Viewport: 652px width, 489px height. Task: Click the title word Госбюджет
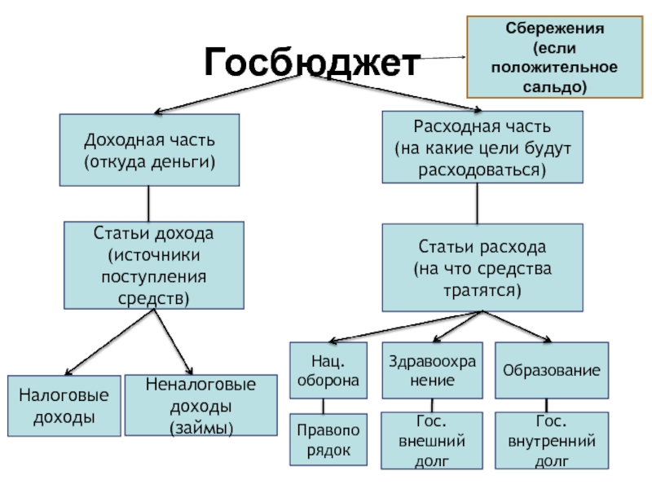click(312, 62)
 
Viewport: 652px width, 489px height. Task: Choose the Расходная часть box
click(482, 148)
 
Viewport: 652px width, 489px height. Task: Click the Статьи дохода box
click(154, 265)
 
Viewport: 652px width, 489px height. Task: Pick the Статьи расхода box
click(482, 268)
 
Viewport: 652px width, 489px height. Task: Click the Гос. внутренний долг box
click(551, 441)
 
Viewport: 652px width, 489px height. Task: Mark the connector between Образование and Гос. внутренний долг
click(547, 405)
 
